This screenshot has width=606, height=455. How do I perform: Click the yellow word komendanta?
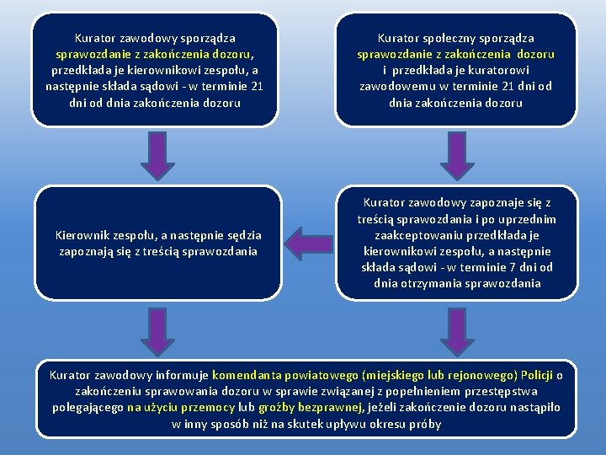click(x=249, y=375)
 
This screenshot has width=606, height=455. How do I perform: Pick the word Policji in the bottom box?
click(x=537, y=375)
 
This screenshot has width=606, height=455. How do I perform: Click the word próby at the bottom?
click(x=423, y=423)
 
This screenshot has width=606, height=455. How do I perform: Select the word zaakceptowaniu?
click(x=417, y=235)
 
